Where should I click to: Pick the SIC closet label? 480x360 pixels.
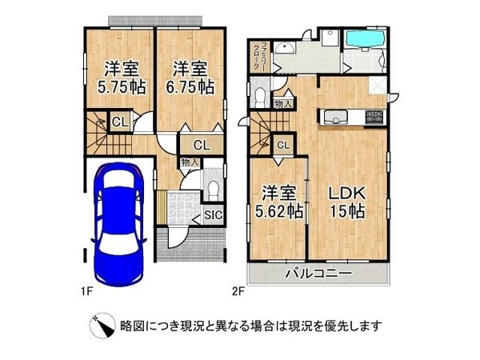point(214,214)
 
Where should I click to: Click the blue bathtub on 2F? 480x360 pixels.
point(364,39)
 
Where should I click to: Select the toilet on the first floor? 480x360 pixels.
point(213,187)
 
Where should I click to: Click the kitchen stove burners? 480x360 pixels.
point(374,117)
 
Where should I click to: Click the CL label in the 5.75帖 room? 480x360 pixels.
point(118,122)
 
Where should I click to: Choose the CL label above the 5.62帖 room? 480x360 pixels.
point(282,145)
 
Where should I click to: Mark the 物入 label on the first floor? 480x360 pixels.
point(189,162)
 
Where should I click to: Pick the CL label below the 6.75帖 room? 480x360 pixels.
point(201,145)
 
